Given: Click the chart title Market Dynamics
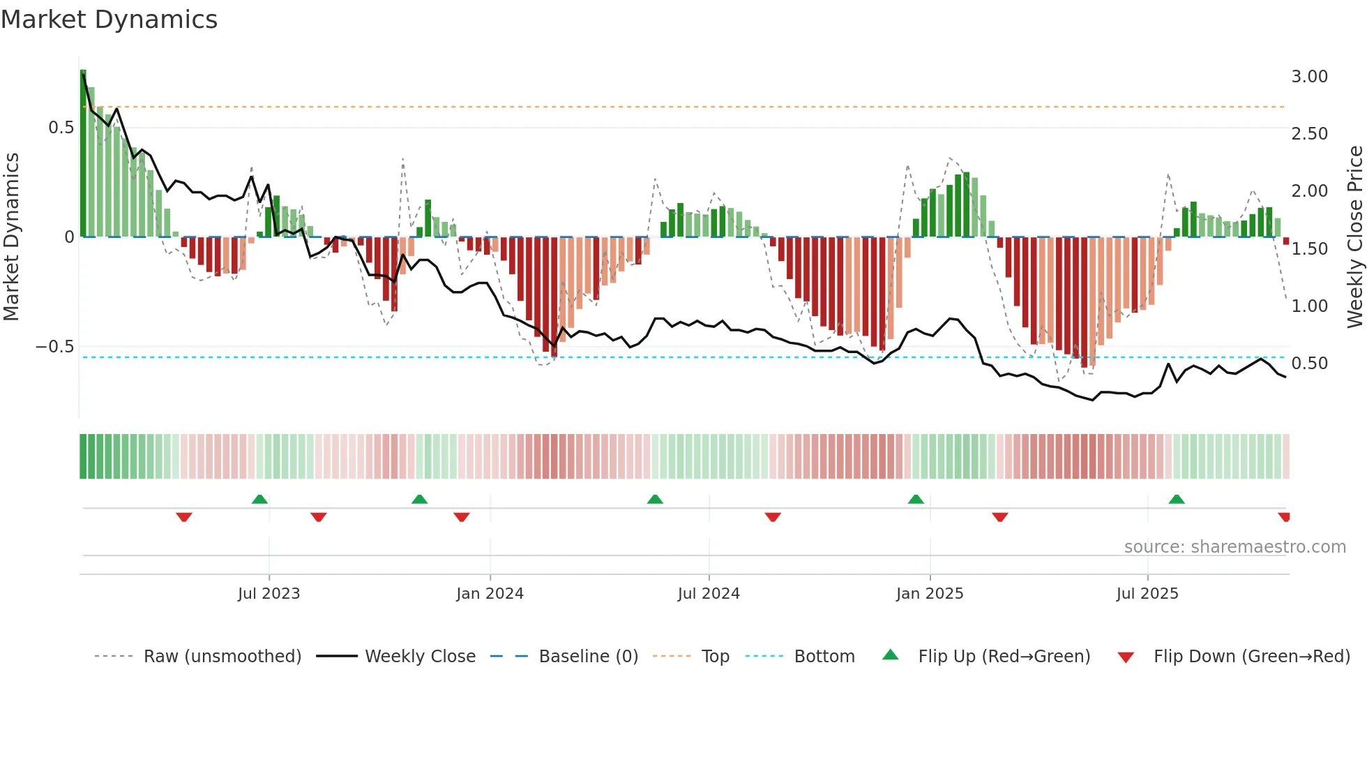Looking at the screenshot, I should tap(109, 20).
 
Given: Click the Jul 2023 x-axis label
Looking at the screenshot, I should tap(269, 594).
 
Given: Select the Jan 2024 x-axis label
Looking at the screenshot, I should tap(490, 594).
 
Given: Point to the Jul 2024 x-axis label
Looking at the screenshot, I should tap(709, 594).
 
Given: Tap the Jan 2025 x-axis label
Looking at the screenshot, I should tap(930, 594).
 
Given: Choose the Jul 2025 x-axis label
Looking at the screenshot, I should tap(1147, 594).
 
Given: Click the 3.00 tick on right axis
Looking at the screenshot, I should tap(1309, 77).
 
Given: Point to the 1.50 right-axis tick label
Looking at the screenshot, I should tap(1309, 249).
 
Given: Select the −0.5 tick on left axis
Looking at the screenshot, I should tap(55, 347).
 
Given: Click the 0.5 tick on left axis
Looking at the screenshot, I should tap(61, 128).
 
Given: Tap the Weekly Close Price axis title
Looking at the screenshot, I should tap(1354, 237).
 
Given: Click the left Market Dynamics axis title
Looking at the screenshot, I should tap(12, 237).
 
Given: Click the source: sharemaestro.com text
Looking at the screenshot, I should tap(1234, 547).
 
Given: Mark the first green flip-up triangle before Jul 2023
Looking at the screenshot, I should tap(259, 500).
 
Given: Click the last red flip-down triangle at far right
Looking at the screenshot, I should tap(1284, 517).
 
